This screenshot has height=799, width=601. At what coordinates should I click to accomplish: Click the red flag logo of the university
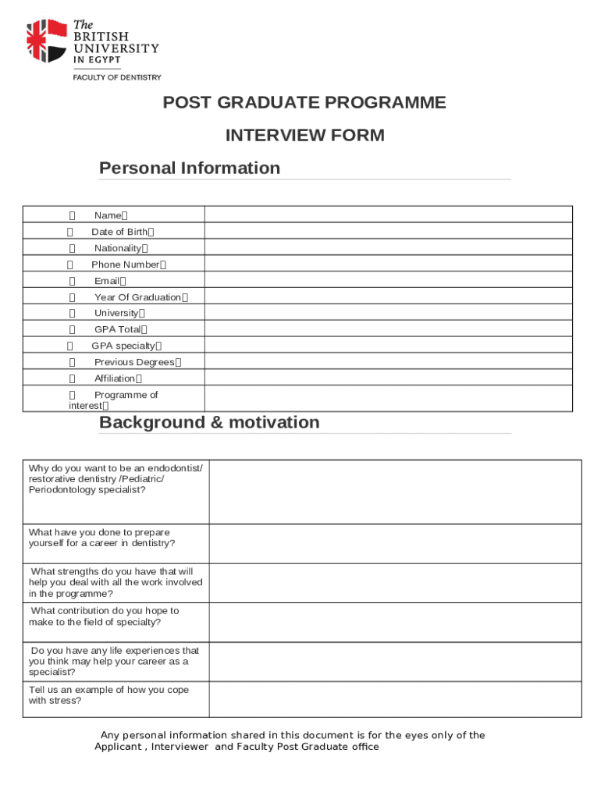pyautogui.click(x=46, y=41)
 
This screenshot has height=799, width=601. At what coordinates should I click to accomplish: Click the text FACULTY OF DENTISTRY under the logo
pyautogui.click(x=117, y=77)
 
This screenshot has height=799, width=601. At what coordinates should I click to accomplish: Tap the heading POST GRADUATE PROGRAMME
pyautogui.click(x=304, y=103)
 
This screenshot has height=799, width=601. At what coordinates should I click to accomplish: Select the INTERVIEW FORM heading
pyautogui.click(x=304, y=136)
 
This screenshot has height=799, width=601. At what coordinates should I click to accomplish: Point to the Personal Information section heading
pyautogui.click(x=190, y=169)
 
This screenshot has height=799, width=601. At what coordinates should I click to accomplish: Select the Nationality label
pyautogui.click(x=118, y=248)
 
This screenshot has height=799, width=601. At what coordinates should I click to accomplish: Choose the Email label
pyautogui.click(x=107, y=281)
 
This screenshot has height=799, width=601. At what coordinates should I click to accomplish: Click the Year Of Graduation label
pyautogui.click(x=137, y=297)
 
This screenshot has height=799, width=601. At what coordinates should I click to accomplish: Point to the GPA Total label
pyautogui.click(x=118, y=330)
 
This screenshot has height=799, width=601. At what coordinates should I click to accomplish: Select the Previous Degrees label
pyautogui.click(x=134, y=363)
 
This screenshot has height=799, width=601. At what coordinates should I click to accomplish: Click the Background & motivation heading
pyautogui.click(x=209, y=423)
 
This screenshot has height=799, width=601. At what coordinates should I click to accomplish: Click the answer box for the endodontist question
pyautogui.click(x=395, y=492)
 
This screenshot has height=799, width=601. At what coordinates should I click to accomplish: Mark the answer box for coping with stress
pyautogui.click(x=395, y=699)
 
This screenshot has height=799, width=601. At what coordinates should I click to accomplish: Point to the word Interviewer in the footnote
pyautogui.click(x=180, y=747)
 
